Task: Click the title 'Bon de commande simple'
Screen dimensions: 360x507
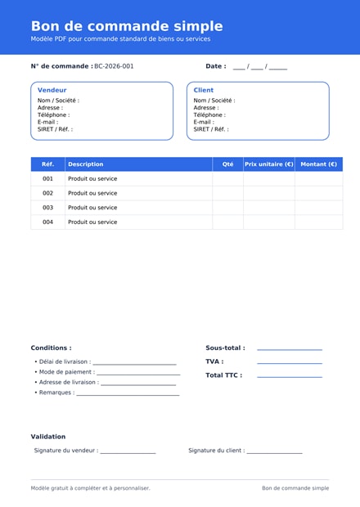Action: (127, 26)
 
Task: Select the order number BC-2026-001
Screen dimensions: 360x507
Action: (114, 66)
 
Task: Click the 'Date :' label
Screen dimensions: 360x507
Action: (215, 66)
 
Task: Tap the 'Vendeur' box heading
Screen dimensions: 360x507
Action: (52, 90)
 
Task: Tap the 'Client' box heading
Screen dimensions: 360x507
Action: (204, 90)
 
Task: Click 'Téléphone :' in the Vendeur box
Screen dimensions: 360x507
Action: (53, 115)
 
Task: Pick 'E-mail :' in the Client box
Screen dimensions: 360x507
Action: (204, 123)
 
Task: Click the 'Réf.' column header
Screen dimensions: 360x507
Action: (48, 164)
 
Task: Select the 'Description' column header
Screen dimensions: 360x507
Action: (86, 164)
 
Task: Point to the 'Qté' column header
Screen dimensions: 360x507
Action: (228, 164)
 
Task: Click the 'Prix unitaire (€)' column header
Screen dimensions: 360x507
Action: (269, 164)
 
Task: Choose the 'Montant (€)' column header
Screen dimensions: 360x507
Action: (319, 164)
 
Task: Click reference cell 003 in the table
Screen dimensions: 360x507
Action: (48, 208)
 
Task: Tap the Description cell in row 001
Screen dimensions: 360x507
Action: (92, 179)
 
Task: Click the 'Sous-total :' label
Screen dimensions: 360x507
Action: (225, 348)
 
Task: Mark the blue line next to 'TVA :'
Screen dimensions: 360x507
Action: (290, 363)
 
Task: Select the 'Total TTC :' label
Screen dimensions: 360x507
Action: (223, 375)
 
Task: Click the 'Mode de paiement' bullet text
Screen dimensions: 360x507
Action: (66, 372)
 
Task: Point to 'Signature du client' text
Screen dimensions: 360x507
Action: (216, 451)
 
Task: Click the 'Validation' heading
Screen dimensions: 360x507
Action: (48, 437)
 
